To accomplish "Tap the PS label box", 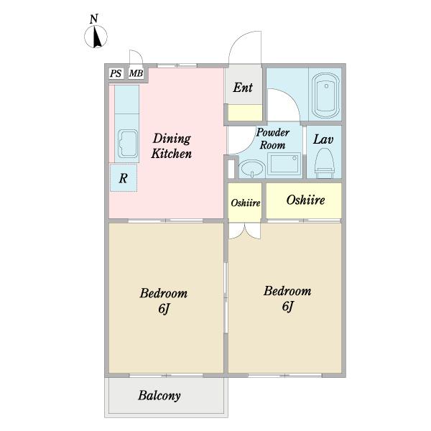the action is tap(116, 73).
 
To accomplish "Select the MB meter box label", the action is tap(136, 73).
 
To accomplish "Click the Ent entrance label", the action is tap(243, 88).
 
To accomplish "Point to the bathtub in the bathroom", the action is tap(326, 96).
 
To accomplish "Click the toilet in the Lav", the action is tap(325, 164).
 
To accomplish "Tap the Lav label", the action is tap(323, 139).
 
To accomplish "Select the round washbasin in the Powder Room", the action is tap(252, 169).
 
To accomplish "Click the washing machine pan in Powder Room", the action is tap(284, 164).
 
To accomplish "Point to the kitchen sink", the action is tap(128, 144).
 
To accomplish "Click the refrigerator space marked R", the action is tap(124, 178).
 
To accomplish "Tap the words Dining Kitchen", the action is tap(172, 146).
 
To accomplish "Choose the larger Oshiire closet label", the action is tap(305, 200).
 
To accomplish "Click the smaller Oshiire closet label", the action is tap(246, 203).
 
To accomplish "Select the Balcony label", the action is tap(159, 396).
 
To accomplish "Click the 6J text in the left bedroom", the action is tap(164, 309).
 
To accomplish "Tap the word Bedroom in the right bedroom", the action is tap(287, 291).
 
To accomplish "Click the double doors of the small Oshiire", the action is tap(245, 231).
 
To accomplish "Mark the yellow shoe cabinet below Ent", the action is tap(245, 113).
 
